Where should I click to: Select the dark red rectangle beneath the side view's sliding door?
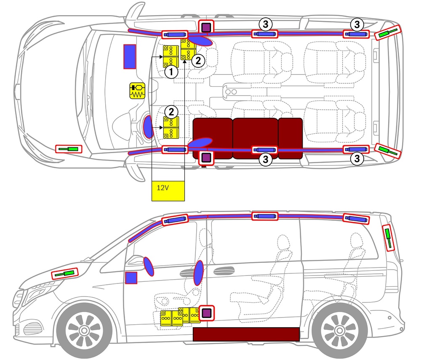point(246,334)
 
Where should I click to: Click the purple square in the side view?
point(206,313)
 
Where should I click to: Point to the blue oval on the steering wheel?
point(148,126)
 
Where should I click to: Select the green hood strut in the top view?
point(69,148)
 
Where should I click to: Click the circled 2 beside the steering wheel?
point(171,111)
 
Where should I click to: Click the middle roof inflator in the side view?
point(265,216)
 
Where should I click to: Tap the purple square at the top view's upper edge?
point(206,27)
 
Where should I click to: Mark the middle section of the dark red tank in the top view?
point(255,138)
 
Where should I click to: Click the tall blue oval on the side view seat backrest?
point(199,273)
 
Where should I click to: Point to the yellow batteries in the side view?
point(179,317)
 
